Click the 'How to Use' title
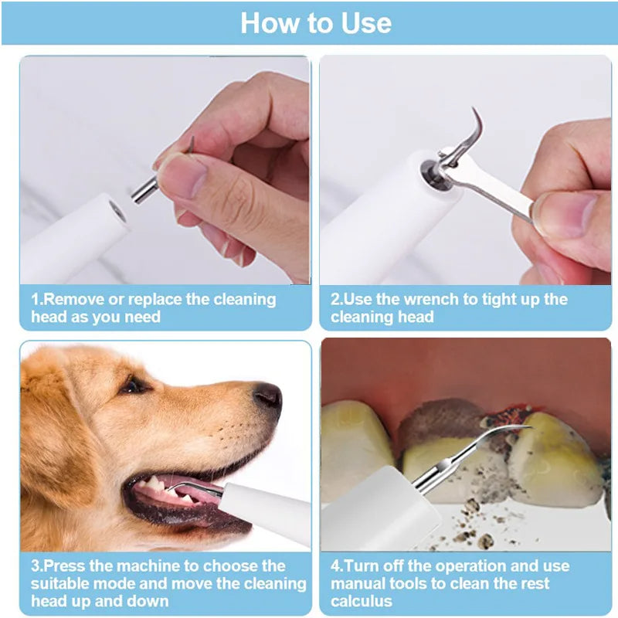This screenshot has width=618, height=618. [x=315, y=23]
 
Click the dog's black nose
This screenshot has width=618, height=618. [x=268, y=396]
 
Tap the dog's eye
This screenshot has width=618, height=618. [x=134, y=384]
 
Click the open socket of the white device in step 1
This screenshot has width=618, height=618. [x=117, y=209]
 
